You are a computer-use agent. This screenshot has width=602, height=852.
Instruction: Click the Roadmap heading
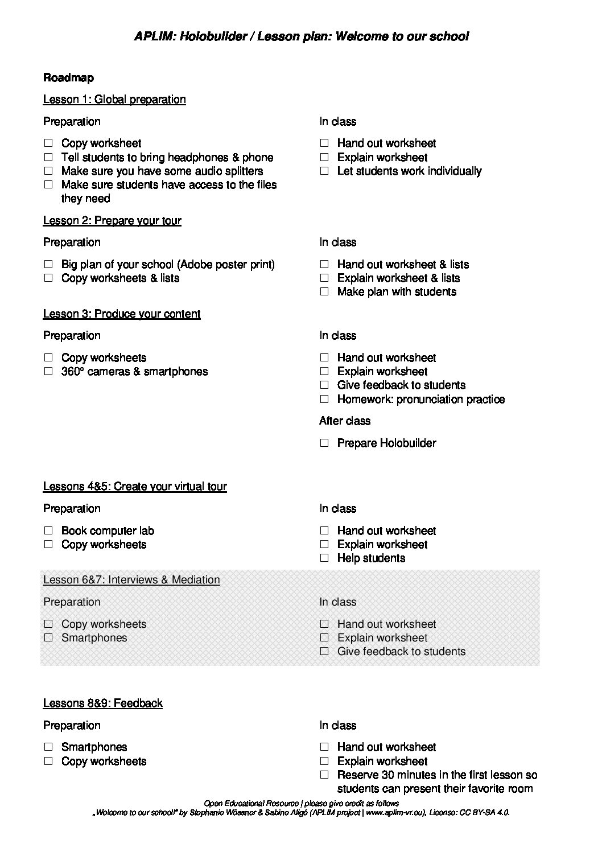(x=68, y=78)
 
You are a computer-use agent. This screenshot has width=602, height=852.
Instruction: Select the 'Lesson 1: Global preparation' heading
(x=114, y=100)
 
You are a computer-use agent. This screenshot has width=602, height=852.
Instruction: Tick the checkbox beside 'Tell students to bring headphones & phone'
(x=48, y=157)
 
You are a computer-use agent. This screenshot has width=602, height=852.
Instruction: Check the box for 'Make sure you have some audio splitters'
(x=48, y=171)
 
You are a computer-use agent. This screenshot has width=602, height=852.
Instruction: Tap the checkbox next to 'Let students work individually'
(x=324, y=171)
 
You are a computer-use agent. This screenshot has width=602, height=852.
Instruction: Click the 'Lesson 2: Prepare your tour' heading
(x=112, y=221)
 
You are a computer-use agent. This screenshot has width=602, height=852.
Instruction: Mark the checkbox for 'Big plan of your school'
(x=48, y=264)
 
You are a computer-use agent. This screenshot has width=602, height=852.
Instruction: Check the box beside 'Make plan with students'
(x=324, y=291)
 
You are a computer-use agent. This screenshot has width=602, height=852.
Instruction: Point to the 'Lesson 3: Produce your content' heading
(x=122, y=314)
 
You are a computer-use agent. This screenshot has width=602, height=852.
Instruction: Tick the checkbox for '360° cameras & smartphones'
(x=48, y=372)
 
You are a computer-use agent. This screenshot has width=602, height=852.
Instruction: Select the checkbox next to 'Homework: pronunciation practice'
(x=324, y=399)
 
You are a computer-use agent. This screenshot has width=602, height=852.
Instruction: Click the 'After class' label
(x=345, y=421)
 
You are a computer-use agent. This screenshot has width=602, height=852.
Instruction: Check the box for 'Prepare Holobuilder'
(x=324, y=443)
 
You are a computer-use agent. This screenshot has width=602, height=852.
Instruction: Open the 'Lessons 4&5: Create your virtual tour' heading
(x=135, y=487)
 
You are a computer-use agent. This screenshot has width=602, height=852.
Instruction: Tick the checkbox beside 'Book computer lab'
(x=48, y=530)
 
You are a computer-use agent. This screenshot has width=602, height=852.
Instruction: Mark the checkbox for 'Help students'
(x=324, y=558)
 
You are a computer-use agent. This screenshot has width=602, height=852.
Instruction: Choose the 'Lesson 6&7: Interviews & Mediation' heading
(x=131, y=580)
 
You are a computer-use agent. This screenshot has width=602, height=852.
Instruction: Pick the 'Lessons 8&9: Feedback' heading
(x=103, y=703)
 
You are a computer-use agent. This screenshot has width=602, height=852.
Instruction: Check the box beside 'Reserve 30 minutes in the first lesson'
(x=324, y=775)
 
